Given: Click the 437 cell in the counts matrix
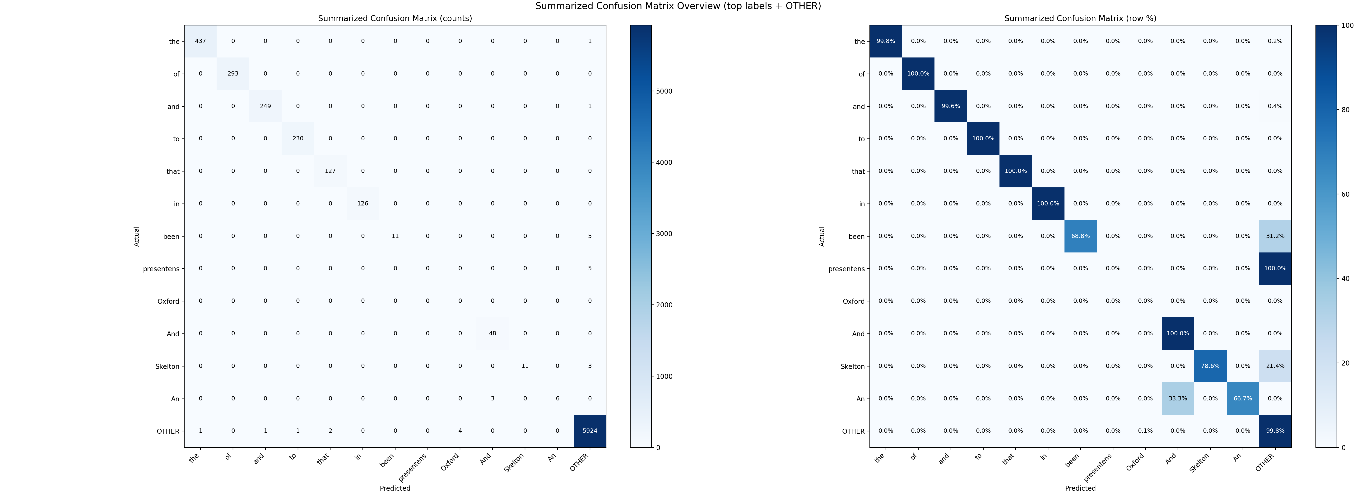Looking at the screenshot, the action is [200, 41].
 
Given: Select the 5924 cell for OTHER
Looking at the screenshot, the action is [590, 431].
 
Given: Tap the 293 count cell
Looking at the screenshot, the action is [233, 74].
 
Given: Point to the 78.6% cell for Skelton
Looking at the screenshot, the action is [1210, 366].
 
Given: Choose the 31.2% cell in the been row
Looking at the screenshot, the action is [1275, 236].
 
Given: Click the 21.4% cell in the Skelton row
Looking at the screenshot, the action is [1275, 366].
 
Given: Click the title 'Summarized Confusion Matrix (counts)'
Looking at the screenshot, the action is [395, 19].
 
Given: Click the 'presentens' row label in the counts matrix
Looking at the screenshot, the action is [161, 269].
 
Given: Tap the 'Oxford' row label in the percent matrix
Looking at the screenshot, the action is [853, 301].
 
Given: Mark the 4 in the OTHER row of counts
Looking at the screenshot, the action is [460, 431].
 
